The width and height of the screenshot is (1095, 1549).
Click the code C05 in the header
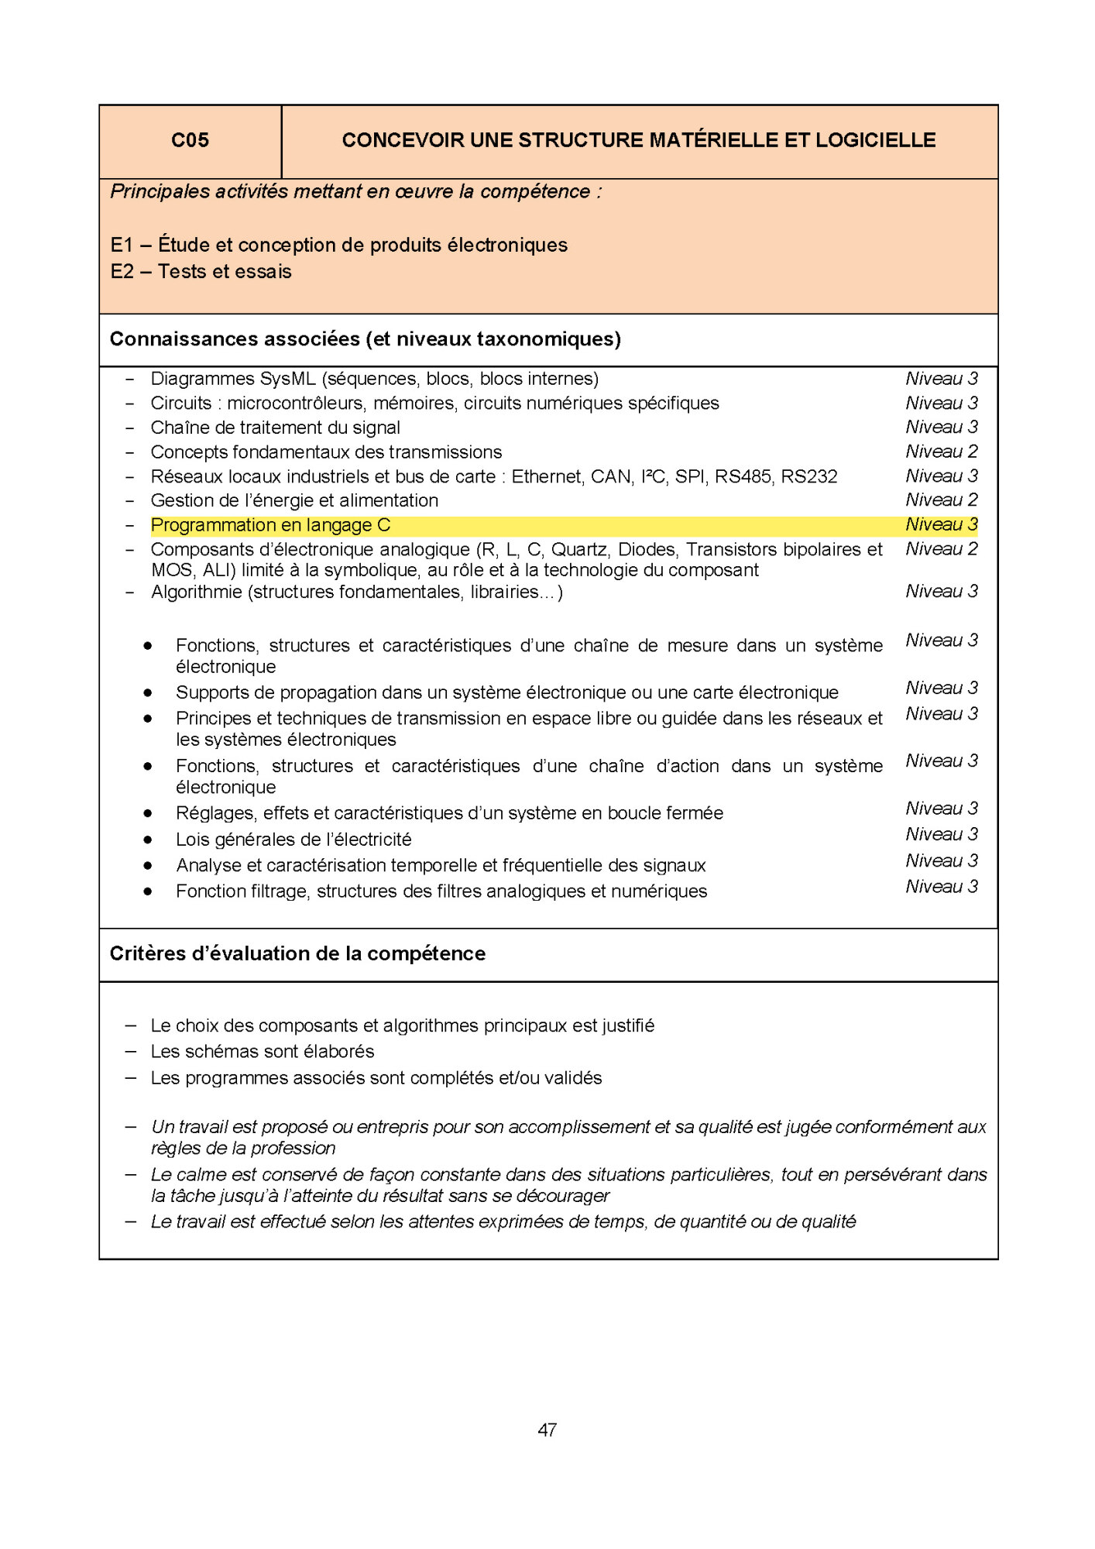pyautogui.click(x=190, y=140)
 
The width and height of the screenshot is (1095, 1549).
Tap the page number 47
pyautogui.click(x=547, y=1430)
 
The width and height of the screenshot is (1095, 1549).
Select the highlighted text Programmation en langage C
pyautogui.click(x=270, y=525)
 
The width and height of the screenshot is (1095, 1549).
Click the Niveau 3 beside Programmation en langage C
pyautogui.click(x=941, y=524)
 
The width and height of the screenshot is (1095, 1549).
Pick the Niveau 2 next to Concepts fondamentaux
pyautogui.click(x=941, y=452)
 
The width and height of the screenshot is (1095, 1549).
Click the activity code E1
pyautogui.click(x=122, y=246)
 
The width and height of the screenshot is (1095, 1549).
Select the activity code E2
pyautogui.click(x=122, y=272)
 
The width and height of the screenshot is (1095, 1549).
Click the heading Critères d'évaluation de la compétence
pyautogui.click(x=297, y=953)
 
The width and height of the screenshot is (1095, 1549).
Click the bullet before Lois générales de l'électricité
pyautogui.click(x=147, y=840)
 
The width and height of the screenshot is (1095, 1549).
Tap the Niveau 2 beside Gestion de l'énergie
pyautogui.click(x=941, y=500)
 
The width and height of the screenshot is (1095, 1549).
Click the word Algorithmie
pyautogui.click(x=197, y=592)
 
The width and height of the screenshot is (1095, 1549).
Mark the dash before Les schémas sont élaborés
pyautogui.click(x=131, y=1052)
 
